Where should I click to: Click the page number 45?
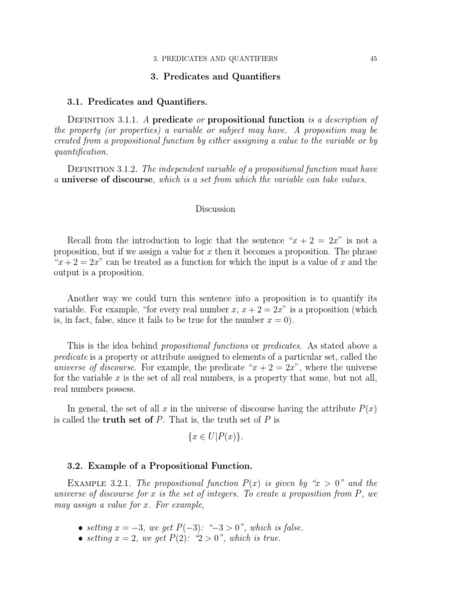(373, 58)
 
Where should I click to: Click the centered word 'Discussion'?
(215, 209)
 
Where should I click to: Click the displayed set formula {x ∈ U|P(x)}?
(215, 438)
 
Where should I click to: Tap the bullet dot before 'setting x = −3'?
(81, 528)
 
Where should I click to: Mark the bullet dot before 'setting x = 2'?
(81, 539)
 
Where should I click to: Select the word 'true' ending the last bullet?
(270, 539)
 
